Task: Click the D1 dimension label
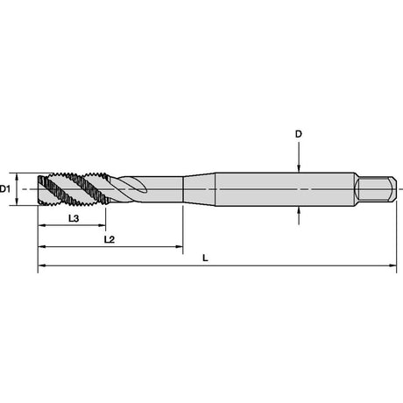point(5,189)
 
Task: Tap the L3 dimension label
point(74,218)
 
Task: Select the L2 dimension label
point(110,239)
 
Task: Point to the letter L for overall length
point(205,258)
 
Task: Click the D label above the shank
point(298,134)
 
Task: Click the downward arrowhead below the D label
point(299,168)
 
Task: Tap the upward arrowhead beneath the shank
point(299,210)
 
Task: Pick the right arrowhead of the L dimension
point(392,265)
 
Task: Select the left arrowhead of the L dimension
point(42,265)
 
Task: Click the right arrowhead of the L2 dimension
point(179,247)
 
